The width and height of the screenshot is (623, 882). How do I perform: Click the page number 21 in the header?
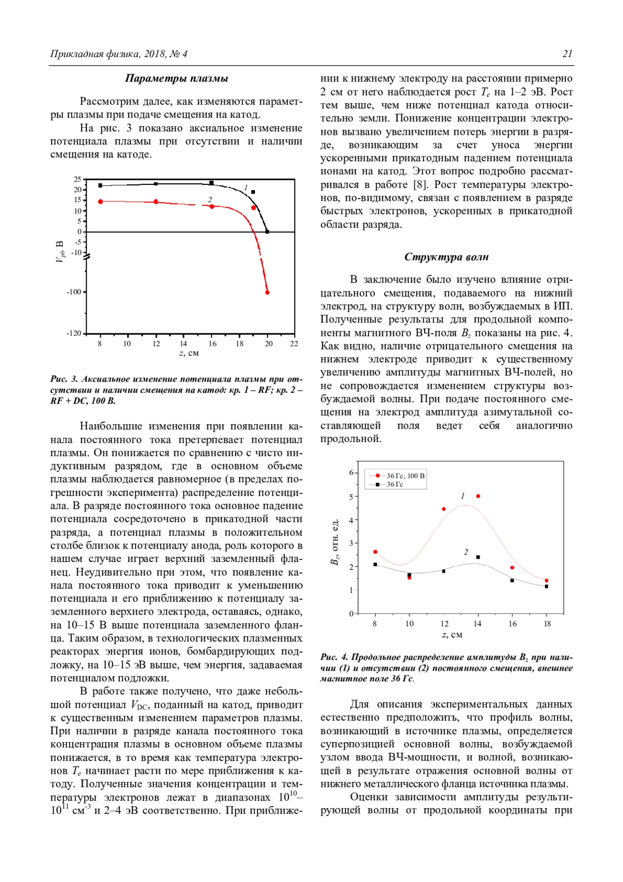pos(567,54)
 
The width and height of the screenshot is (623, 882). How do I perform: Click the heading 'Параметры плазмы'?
pos(177,78)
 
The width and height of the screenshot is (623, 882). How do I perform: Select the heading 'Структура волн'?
pos(446,257)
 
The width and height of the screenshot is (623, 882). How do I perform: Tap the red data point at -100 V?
pos(267,292)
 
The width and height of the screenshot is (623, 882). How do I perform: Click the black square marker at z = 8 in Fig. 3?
pos(100,185)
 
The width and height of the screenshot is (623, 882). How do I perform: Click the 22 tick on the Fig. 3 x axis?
pos(294,343)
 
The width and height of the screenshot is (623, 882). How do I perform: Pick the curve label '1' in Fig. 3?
pos(246,188)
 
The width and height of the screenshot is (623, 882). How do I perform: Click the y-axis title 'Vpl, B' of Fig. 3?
pos(60,252)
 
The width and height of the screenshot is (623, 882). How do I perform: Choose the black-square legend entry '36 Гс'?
pos(395,484)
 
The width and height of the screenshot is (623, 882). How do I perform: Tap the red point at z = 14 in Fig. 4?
pos(478,496)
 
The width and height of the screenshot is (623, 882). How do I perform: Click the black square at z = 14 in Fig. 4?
pos(478,557)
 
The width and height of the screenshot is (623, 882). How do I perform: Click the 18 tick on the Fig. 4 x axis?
pos(547,624)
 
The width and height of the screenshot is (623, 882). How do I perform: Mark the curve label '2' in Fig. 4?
pos(466,552)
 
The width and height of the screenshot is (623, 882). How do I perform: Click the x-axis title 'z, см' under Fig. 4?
pos(452,635)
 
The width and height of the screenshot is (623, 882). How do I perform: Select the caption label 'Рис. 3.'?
pos(64,379)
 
